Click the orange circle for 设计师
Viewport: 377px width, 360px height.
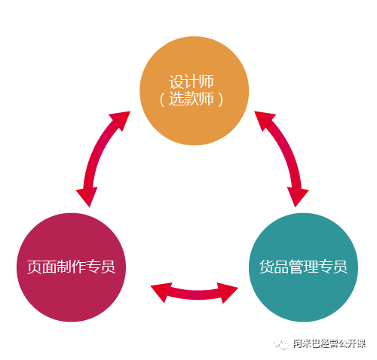[x=194, y=90]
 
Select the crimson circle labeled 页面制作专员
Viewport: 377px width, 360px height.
[x=71, y=267]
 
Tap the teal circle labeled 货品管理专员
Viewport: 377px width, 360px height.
[x=303, y=267]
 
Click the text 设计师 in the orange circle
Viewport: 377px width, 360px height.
[x=192, y=81]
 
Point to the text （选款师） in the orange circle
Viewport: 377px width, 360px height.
[x=192, y=99]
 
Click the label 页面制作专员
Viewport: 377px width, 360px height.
[x=71, y=267]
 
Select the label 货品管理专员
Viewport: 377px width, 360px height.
[x=303, y=267]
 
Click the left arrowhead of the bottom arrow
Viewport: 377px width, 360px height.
[x=161, y=291]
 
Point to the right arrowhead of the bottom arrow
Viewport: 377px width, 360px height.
[x=228, y=292]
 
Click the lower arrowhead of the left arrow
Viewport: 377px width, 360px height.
[x=87, y=197]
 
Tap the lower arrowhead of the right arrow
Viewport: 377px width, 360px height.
[x=297, y=197]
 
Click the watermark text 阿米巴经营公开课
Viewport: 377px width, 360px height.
[x=329, y=343]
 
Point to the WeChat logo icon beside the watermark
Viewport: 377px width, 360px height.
[x=281, y=343]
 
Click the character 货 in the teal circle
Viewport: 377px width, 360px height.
[x=267, y=267]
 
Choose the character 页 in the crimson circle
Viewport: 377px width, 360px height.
[x=34, y=267]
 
